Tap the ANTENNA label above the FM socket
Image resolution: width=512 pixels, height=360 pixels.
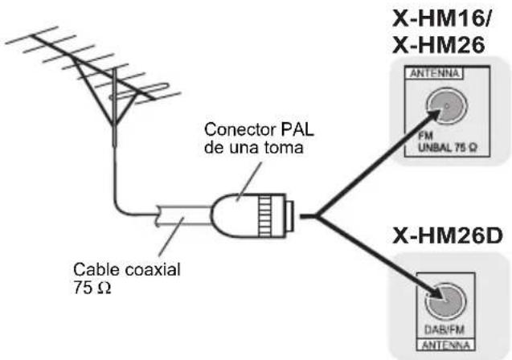click(x=435, y=74)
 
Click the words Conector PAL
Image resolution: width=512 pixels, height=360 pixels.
click(x=251, y=130)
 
